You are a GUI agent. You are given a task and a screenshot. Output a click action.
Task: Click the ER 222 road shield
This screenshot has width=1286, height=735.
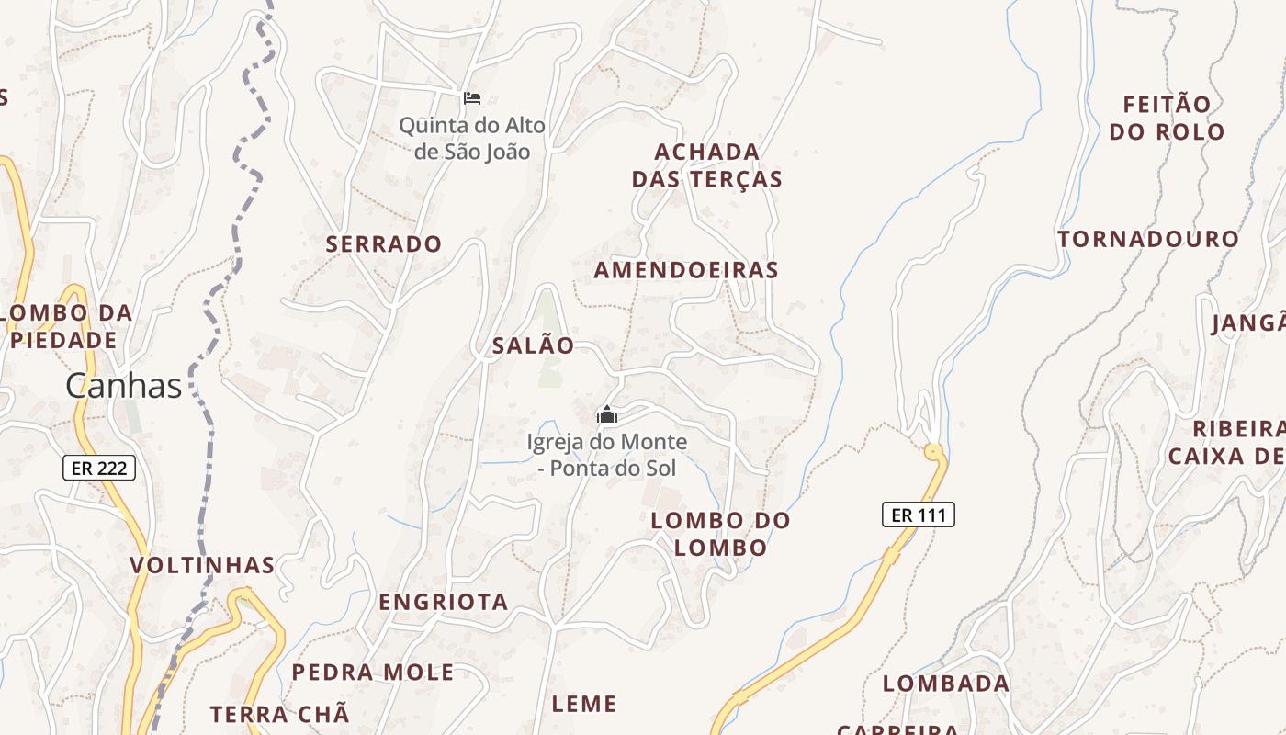tap(99, 468)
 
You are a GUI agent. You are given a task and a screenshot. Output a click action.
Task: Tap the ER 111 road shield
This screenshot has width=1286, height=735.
tap(919, 514)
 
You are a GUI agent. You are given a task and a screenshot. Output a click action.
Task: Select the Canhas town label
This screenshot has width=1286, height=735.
tap(123, 386)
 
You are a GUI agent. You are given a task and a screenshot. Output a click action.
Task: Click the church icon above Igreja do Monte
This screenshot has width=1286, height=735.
tap(606, 414)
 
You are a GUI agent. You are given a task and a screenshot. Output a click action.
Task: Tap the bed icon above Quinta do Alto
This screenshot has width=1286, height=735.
tap(472, 97)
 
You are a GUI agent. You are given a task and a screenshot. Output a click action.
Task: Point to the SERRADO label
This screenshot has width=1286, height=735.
tap(384, 244)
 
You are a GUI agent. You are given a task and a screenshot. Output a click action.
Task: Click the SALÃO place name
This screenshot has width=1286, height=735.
tap(534, 345)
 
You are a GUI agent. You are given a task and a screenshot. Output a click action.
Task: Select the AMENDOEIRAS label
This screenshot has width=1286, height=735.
tap(686, 270)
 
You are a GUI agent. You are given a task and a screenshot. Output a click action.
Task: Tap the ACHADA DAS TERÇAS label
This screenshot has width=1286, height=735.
tap(707, 165)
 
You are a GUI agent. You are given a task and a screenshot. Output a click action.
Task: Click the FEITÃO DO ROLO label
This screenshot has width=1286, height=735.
tap(1167, 118)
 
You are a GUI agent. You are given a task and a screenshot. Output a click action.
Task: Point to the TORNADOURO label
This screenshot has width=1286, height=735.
tap(1148, 240)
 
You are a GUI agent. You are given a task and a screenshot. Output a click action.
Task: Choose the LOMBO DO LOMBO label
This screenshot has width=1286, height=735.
tap(720, 534)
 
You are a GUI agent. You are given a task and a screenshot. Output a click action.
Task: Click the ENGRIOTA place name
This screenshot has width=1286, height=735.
tap(444, 602)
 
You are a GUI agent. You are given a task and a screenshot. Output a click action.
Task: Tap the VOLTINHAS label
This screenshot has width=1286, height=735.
tap(202, 565)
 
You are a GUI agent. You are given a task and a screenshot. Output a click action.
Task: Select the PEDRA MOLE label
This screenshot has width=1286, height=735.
tap(373, 673)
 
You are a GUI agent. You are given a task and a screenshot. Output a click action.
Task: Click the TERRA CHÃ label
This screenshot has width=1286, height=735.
tap(280, 714)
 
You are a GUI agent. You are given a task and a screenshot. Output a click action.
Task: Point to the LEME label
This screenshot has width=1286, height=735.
tap(584, 705)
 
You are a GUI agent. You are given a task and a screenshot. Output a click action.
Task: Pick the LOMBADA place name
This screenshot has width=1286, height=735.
tap(946, 684)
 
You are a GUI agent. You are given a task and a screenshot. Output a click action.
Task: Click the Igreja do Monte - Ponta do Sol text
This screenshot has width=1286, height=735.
tap(606, 455)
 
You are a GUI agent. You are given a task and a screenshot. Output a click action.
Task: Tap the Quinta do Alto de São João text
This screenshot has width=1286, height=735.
tap(472, 139)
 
